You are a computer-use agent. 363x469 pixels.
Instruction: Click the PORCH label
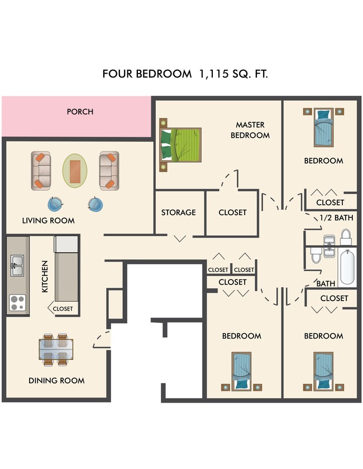pos(80,112)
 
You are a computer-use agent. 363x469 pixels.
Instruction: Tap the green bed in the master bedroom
pos(180,144)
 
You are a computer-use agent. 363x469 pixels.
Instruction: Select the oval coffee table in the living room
pos(75,170)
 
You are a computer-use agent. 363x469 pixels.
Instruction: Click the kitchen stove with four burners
pos(17,302)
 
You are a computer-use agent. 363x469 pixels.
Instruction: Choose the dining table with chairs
pos(55,350)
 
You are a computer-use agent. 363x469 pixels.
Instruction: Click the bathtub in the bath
pos(347,267)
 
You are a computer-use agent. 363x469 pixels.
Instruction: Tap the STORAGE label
pos(178,212)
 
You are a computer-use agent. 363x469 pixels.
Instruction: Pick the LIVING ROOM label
pos(48,220)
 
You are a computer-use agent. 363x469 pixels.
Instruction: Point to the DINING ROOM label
pos(56,380)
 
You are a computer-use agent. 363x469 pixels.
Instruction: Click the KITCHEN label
pos(44,277)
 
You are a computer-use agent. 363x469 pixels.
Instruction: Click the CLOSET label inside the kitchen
pos(63,308)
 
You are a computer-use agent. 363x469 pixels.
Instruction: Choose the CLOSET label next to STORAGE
pos(232,212)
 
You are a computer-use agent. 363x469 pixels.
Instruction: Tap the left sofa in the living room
pos(41,170)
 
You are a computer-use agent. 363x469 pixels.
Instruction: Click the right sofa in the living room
pos(108,170)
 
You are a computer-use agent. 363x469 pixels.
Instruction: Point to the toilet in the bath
pos(316,254)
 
